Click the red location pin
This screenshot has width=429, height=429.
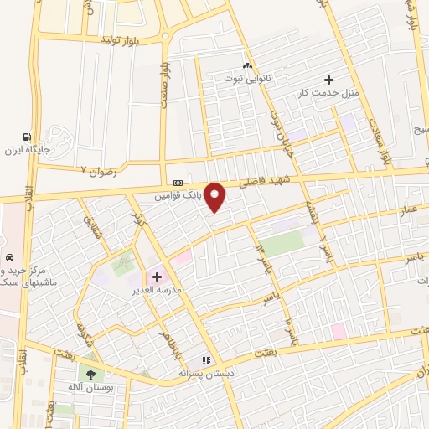[216, 196]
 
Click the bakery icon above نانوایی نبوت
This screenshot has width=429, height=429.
[247, 65]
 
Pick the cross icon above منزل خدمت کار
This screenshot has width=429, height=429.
[339, 79]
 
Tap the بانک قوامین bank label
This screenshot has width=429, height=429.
[178, 199]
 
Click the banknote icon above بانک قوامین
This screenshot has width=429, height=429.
[178, 183]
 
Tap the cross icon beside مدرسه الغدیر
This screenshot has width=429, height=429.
[157, 276]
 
